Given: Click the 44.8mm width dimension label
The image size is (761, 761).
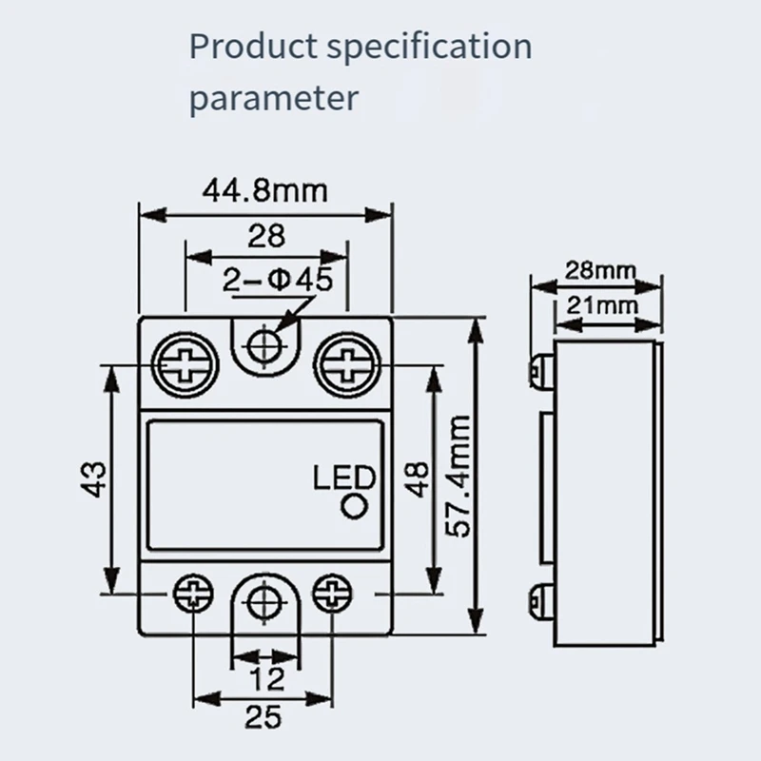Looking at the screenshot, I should (264, 191).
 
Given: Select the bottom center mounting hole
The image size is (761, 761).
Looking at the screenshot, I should (262, 602).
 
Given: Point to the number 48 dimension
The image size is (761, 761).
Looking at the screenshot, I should (416, 476).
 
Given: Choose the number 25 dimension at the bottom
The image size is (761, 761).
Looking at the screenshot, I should (262, 714).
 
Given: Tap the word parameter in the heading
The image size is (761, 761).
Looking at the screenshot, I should (274, 98).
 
